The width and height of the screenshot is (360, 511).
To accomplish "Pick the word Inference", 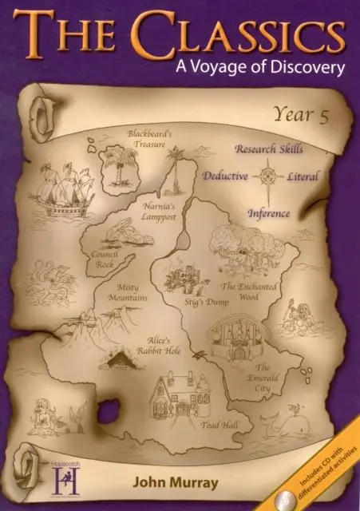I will point(269,214).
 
